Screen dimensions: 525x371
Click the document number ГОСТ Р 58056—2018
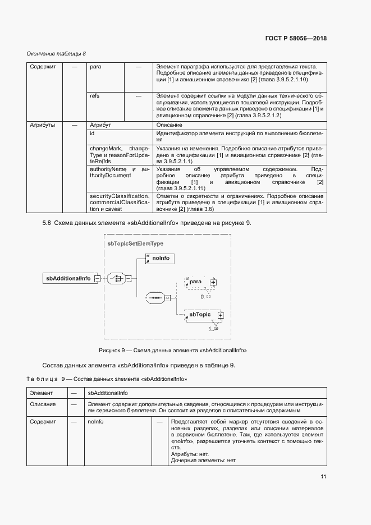click(x=295, y=39)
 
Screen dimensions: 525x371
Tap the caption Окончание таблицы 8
click(x=57, y=53)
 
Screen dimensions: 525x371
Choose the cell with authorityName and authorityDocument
click(x=119, y=172)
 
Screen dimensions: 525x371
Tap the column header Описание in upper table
click(x=169, y=125)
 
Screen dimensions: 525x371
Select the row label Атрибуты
click(x=42, y=125)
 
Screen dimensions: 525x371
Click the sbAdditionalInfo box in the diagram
click(x=68, y=278)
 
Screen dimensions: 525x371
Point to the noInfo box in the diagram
click(x=160, y=258)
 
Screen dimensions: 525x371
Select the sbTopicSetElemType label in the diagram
click(x=135, y=244)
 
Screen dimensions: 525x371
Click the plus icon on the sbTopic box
click(x=221, y=316)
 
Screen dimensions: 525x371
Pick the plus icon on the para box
click(x=213, y=282)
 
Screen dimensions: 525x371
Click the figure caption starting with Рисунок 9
click(x=173, y=350)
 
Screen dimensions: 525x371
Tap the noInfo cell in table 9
click(x=95, y=421)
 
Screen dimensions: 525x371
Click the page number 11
click(x=323, y=476)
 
